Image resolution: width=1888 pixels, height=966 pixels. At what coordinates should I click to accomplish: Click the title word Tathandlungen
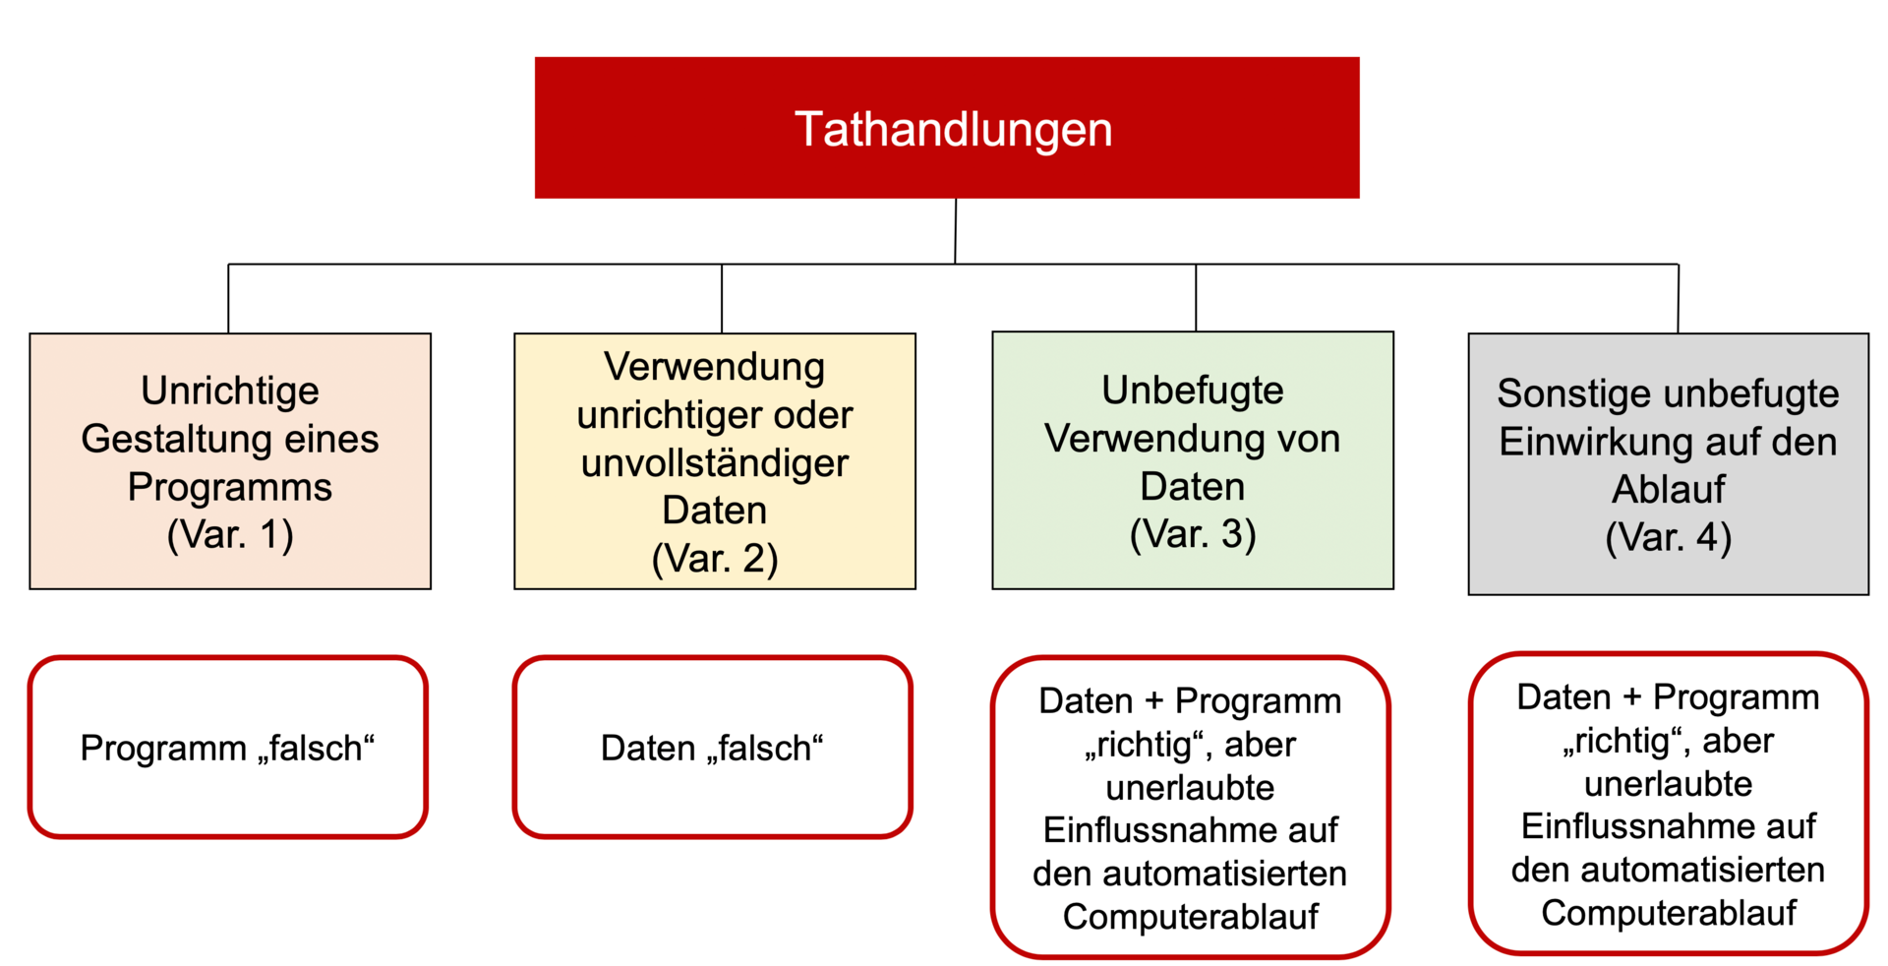(x=953, y=130)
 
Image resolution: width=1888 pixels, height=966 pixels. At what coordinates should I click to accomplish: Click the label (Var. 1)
(x=230, y=535)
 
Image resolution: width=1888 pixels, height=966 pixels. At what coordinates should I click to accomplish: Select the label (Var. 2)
(x=715, y=559)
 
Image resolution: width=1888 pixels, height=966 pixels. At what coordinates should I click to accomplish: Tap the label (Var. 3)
(x=1193, y=534)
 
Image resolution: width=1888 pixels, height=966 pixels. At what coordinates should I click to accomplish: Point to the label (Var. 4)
(x=1669, y=538)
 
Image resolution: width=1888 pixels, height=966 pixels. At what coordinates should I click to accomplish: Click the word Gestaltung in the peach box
(x=178, y=439)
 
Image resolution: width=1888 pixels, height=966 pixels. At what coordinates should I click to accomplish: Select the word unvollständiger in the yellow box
(x=715, y=462)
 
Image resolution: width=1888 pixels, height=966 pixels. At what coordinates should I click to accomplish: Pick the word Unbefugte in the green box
(x=1193, y=391)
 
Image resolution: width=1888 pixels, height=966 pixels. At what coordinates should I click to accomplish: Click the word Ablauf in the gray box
(x=1669, y=489)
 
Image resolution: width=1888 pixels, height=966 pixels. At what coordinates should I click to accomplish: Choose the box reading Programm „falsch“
(x=228, y=748)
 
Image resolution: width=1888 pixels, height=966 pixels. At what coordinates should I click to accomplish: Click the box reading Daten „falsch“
(x=713, y=748)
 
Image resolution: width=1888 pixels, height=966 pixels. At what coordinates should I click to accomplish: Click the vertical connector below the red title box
(x=955, y=231)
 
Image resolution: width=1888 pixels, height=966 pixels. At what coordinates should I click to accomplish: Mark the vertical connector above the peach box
(x=228, y=298)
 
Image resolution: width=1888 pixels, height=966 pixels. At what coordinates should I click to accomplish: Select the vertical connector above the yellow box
(x=722, y=298)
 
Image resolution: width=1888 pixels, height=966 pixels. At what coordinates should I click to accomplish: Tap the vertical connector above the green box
(x=1196, y=297)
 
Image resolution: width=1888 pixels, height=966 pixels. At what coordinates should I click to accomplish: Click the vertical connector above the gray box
(x=1678, y=298)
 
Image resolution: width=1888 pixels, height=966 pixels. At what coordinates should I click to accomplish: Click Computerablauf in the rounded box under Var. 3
(x=1191, y=917)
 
